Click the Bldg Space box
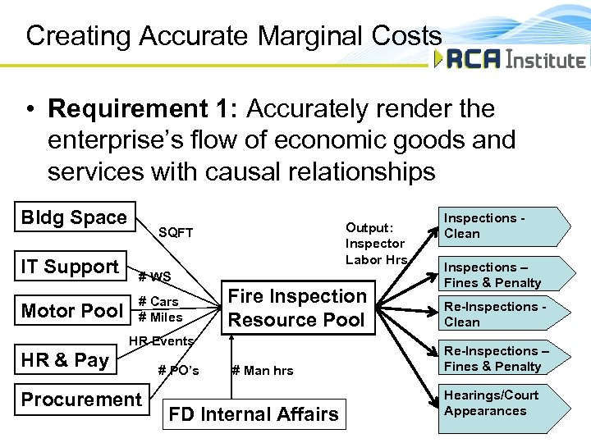74,217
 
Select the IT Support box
70,267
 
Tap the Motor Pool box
71,311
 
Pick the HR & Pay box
65,360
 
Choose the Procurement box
81,400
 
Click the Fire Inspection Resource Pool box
296,308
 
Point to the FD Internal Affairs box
253,414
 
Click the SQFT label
175,233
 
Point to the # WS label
154,277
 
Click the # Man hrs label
262,371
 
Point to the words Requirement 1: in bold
144,108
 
